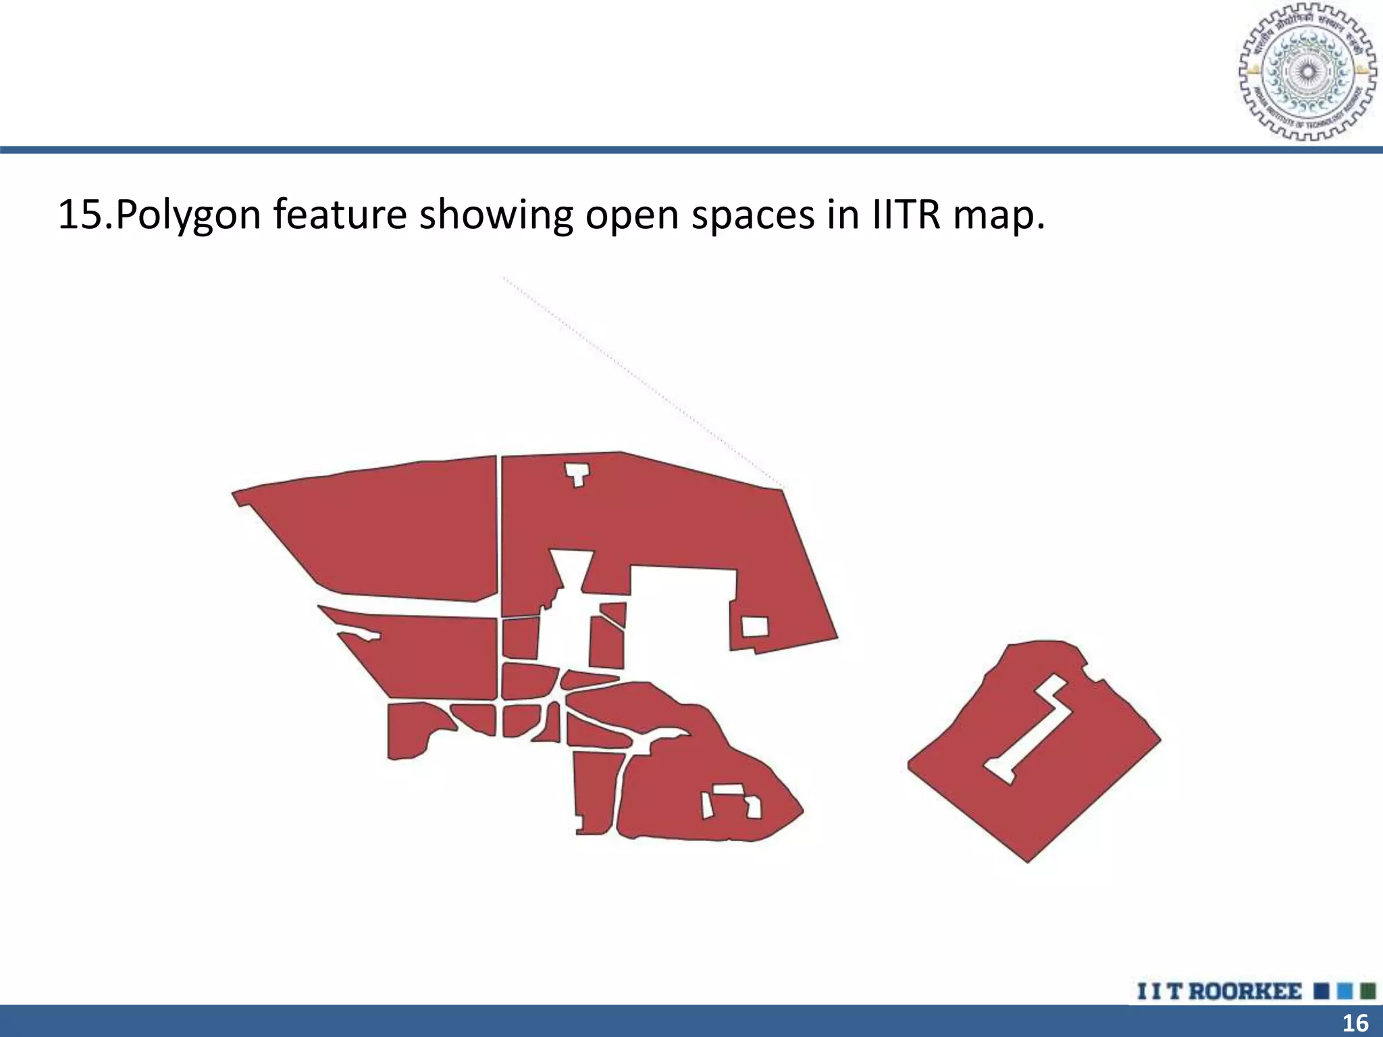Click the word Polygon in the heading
(188, 215)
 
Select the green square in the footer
(1368, 992)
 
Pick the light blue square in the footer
(1345, 992)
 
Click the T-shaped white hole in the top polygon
(577, 473)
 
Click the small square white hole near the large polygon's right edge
(755, 627)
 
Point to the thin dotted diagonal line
(642, 381)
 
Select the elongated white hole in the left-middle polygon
(358, 635)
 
